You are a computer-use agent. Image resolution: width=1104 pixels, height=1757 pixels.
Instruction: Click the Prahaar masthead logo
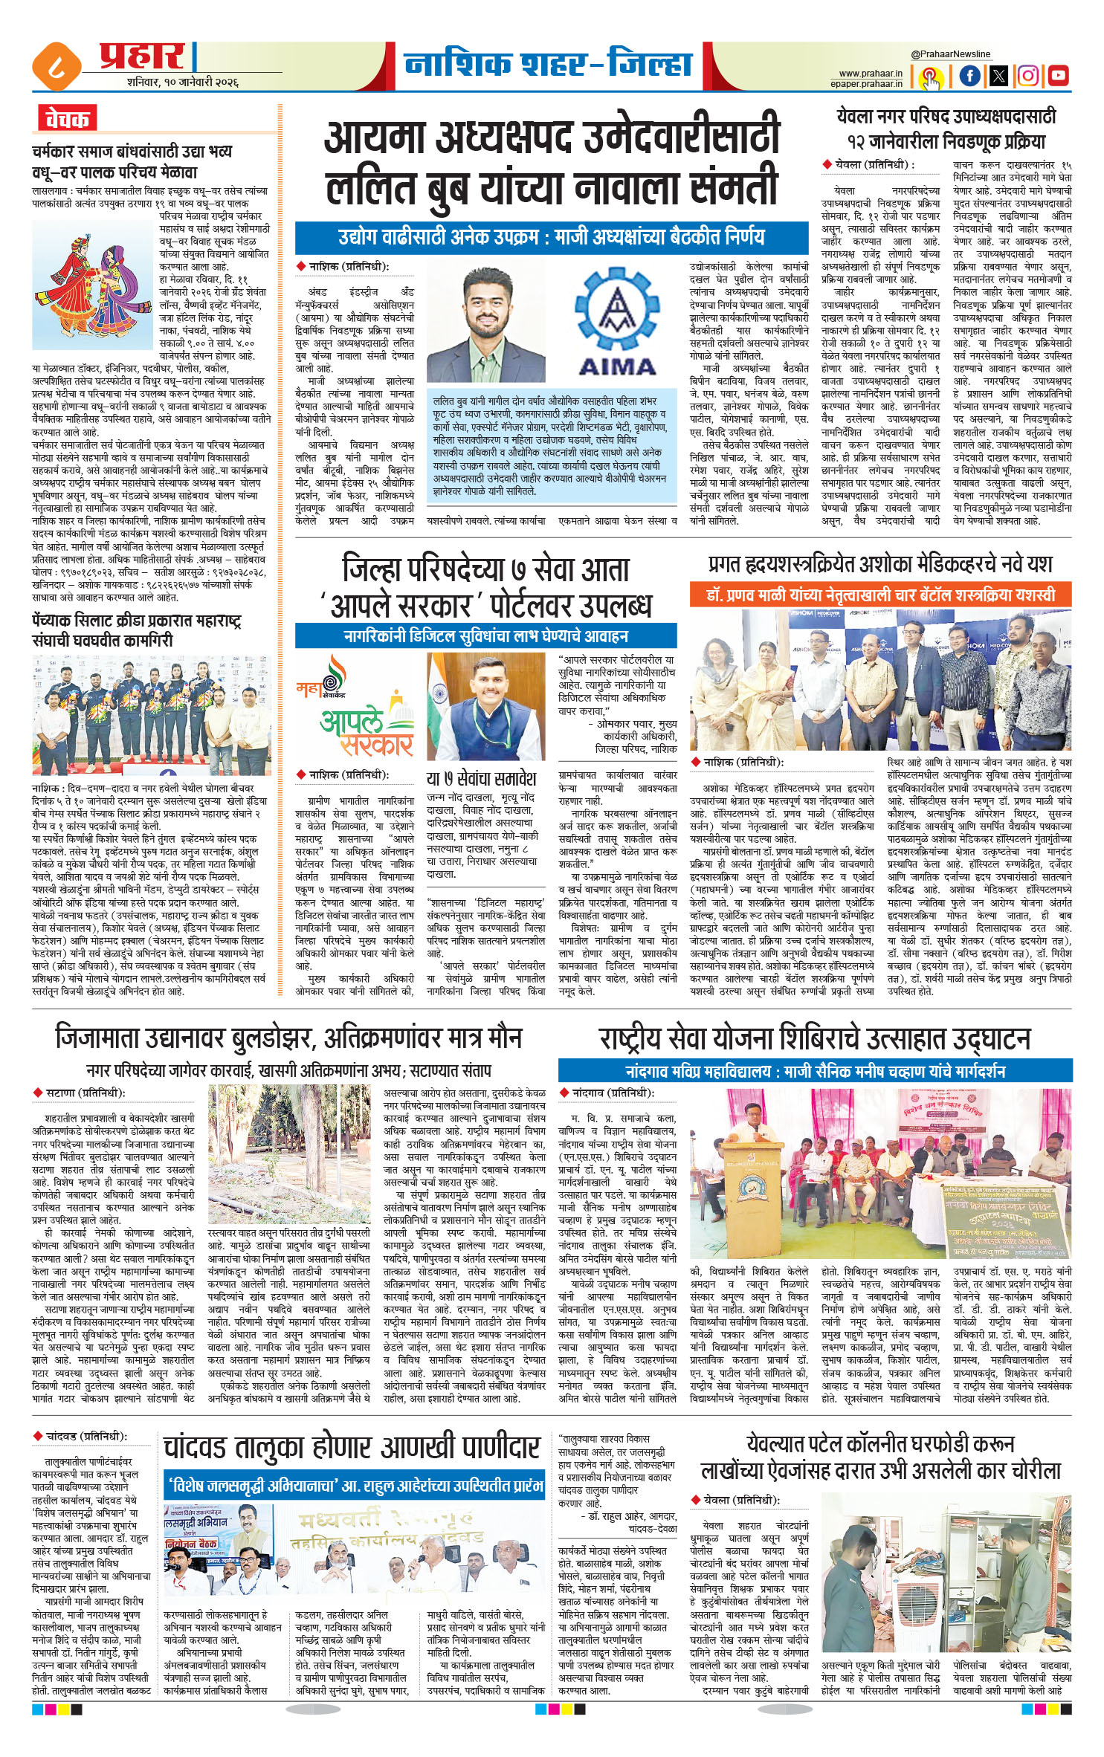coord(141,56)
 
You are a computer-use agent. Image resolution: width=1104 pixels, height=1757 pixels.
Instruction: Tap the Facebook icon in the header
coord(969,75)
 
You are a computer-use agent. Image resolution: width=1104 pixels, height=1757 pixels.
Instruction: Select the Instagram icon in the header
coord(1028,75)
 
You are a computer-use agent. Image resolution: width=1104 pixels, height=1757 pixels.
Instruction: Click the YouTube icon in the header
coord(1057,75)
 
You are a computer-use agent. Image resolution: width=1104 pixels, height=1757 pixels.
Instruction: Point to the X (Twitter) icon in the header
coord(998,75)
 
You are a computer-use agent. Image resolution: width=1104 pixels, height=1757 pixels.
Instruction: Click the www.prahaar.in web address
coord(870,73)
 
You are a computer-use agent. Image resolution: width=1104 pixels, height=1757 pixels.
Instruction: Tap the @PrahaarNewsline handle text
coord(951,54)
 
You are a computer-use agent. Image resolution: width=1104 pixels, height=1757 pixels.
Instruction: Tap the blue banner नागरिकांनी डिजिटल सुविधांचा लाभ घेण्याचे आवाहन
coord(485,636)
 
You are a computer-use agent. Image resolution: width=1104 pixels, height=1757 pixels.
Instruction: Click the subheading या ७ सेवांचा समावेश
coord(481,779)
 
